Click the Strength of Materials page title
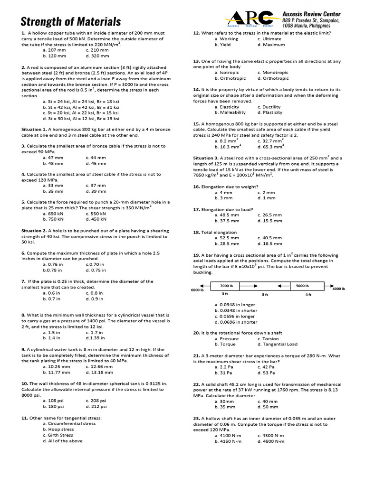click(70, 21)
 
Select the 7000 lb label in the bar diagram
click(227, 286)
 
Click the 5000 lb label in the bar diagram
click(303, 286)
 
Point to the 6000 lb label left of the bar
click(197, 290)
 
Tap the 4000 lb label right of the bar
click(338, 289)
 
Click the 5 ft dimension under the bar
click(265, 295)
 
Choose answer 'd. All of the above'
click(63, 441)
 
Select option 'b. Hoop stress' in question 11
click(58, 430)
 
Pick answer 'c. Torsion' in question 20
click(268, 339)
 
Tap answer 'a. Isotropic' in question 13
click(227, 73)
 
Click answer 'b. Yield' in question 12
click(222, 45)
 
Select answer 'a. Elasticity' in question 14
click(227, 107)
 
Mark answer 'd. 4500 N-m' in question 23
click(271, 441)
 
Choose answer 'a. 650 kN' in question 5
click(53, 214)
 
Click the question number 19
click(196, 255)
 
